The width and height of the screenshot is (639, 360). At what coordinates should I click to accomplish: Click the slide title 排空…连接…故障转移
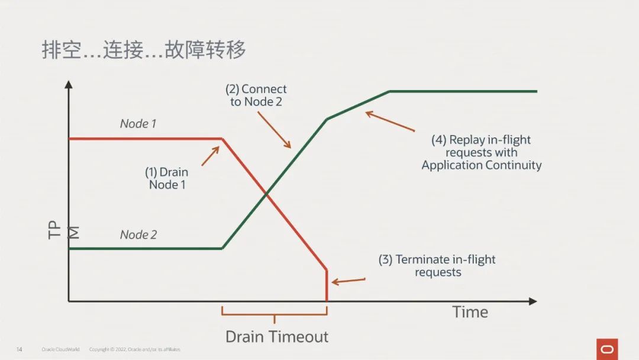(x=144, y=50)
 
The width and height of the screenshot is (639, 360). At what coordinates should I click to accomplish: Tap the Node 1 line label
(x=138, y=124)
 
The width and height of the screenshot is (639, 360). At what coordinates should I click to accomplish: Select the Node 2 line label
(x=138, y=235)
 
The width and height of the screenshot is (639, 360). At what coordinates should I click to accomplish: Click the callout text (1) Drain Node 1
(x=166, y=178)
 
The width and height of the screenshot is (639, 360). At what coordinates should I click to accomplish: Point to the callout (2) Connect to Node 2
(x=256, y=95)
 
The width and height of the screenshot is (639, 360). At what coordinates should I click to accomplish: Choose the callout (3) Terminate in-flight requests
(x=437, y=266)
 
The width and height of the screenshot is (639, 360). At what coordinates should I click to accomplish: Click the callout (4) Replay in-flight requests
(x=481, y=152)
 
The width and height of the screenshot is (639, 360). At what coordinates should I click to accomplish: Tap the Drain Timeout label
(x=277, y=337)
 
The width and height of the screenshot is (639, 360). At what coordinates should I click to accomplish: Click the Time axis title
(x=470, y=312)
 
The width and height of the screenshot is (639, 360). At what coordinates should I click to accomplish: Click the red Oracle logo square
(x=607, y=349)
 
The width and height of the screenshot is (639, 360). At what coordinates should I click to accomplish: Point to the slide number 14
(x=19, y=349)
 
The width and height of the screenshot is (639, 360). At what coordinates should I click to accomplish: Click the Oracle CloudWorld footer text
(x=60, y=349)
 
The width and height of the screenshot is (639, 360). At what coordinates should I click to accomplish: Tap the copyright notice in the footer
(x=135, y=349)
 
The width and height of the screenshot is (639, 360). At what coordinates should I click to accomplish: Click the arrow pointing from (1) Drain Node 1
(x=211, y=155)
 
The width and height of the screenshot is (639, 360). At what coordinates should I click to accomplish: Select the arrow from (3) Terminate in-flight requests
(x=348, y=281)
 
